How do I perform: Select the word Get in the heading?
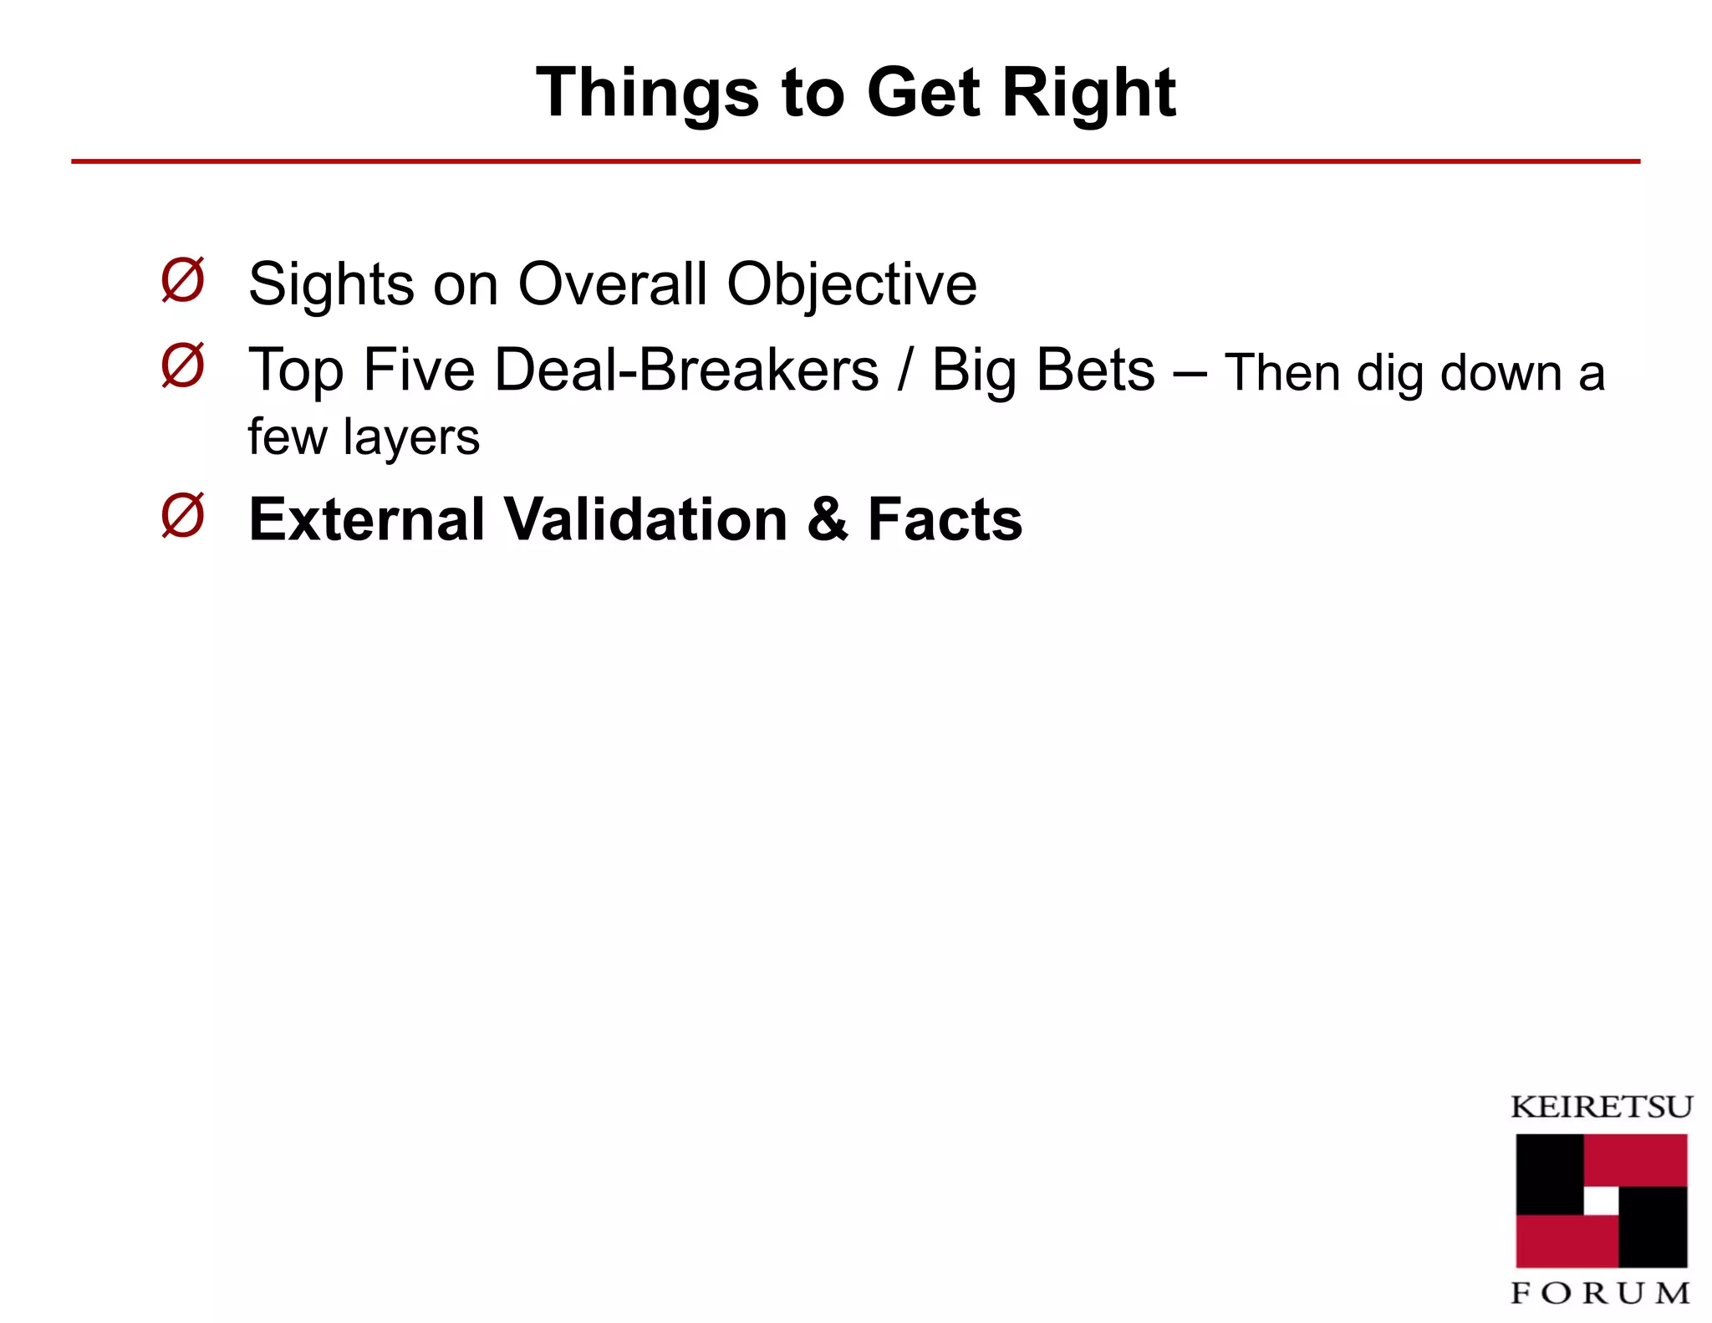pos(924,92)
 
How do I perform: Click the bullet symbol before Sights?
pos(182,280)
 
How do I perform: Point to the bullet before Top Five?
pos(182,365)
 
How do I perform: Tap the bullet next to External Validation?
pos(182,516)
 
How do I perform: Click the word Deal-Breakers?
pos(686,370)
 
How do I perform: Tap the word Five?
pos(419,370)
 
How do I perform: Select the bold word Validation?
pos(647,519)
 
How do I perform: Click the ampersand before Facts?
pos(828,519)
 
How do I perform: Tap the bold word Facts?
pos(945,519)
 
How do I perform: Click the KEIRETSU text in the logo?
pos(1601,1107)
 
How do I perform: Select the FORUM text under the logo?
pos(1601,1293)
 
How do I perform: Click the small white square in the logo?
pos(1601,1201)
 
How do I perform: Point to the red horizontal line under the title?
pos(855,161)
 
